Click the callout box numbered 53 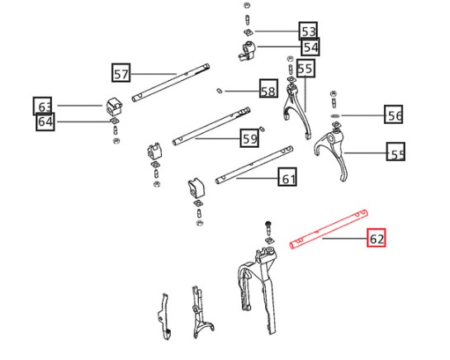(x=308, y=31)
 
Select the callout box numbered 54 (x=310, y=47)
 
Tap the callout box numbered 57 (x=121, y=73)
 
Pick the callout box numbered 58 (x=268, y=88)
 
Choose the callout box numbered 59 (x=249, y=138)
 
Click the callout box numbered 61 (x=287, y=177)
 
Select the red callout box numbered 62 (x=377, y=238)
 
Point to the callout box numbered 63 (x=42, y=106)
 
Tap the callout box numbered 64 (x=45, y=121)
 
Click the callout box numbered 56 (x=394, y=115)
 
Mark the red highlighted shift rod (x=329, y=230)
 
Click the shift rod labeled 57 (x=171, y=83)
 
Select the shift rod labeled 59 (x=211, y=126)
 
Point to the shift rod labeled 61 (x=254, y=165)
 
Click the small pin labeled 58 (x=220, y=91)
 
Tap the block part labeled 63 (x=114, y=107)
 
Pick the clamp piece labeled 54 (x=247, y=51)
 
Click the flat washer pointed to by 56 (x=334, y=116)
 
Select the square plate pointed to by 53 (x=249, y=32)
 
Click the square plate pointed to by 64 (x=115, y=121)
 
